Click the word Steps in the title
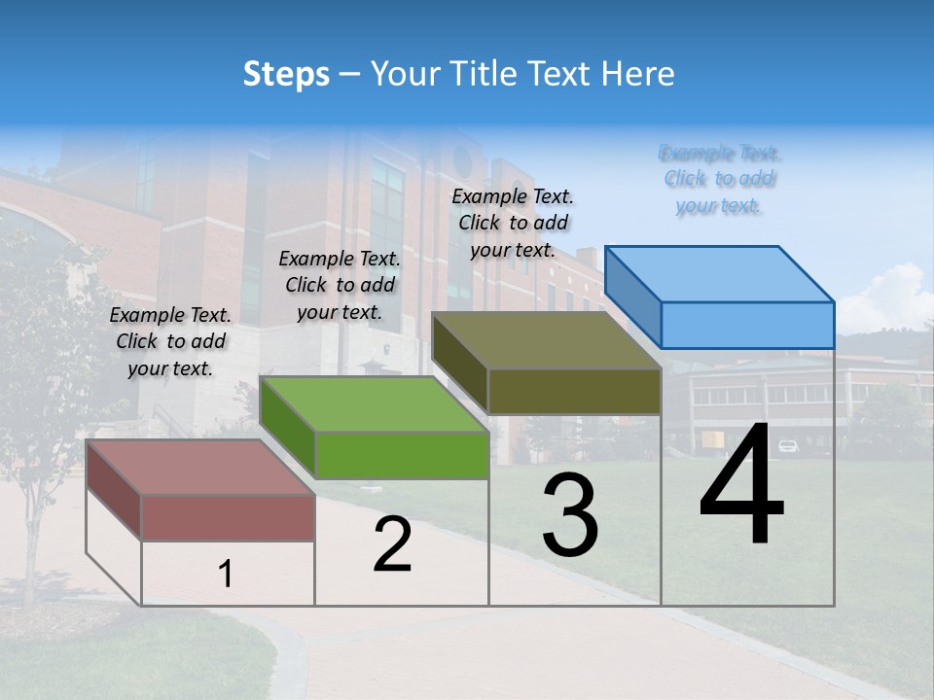tap(285, 74)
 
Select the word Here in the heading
tap(638, 74)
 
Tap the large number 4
tap(741, 486)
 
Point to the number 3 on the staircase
tap(569, 515)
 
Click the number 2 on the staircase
tap(392, 544)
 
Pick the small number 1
tap(226, 575)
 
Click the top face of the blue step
tap(720, 274)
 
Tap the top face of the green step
tap(375, 404)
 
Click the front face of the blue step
tap(747, 325)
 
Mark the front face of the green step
tap(402, 455)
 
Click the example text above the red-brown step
tap(170, 341)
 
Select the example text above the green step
tap(340, 285)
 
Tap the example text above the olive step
tap(513, 223)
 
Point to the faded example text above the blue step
tap(720, 179)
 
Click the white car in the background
tap(788, 446)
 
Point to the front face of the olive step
tap(574, 391)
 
